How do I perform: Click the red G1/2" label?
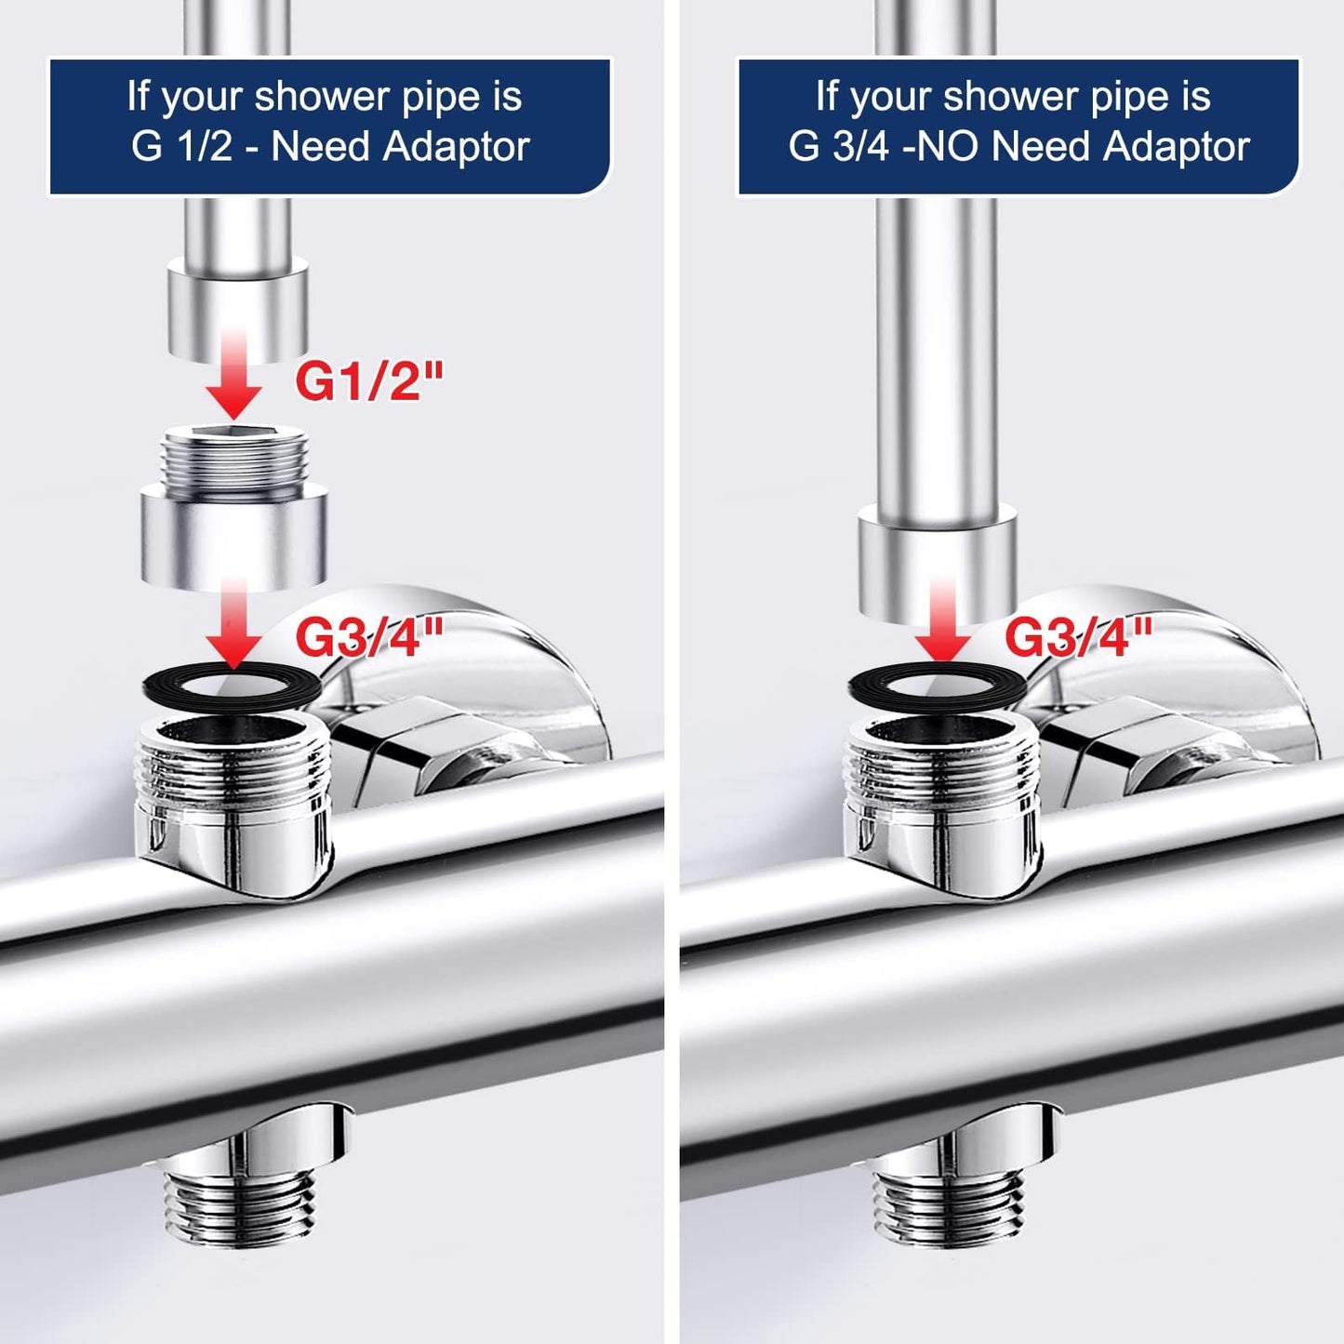coord(369,381)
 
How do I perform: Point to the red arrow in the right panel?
coord(942,620)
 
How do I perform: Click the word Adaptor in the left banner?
coord(456,148)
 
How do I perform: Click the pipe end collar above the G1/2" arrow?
coord(238,310)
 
